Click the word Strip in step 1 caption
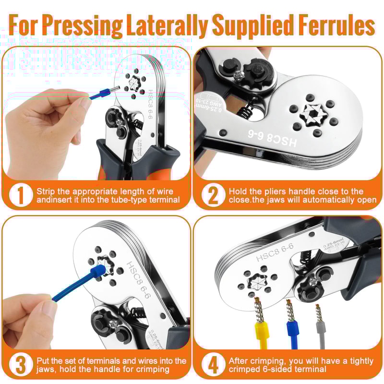point(45,191)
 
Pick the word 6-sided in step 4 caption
point(288,369)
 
